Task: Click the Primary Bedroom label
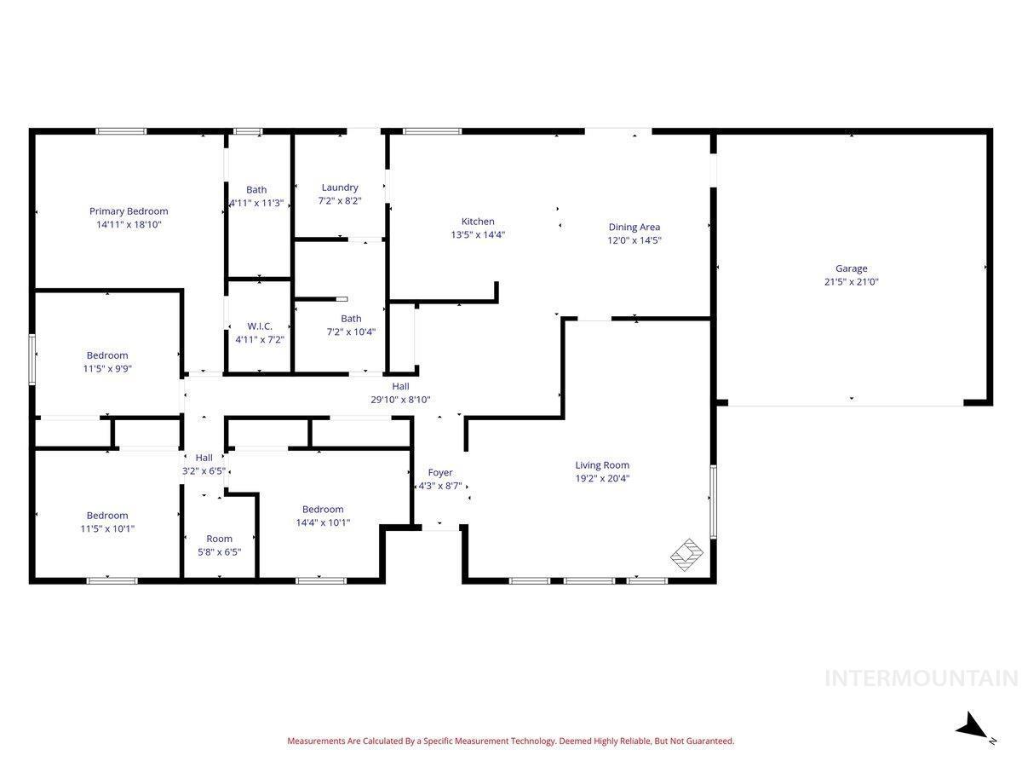coord(129,211)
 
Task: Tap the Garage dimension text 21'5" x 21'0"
coord(851,281)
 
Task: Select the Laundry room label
coord(340,187)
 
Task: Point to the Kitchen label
coord(478,222)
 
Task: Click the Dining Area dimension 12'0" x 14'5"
coord(634,240)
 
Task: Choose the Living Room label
coord(602,464)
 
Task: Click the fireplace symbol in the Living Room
coord(686,555)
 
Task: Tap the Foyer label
coord(440,473)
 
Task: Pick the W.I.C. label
coord(260,326)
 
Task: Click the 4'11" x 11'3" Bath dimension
coord(256,203)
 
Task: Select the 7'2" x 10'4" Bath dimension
coord(351,332)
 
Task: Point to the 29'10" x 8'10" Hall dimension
coord(400,400)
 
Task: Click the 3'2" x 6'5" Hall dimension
coord(204,470)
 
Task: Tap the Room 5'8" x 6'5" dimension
coord(219,552)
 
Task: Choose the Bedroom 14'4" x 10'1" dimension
coord(323,522)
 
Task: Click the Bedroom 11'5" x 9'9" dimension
coord(107,369)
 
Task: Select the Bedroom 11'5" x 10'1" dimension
coord(107,528)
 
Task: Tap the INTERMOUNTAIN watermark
coord(921,678)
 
